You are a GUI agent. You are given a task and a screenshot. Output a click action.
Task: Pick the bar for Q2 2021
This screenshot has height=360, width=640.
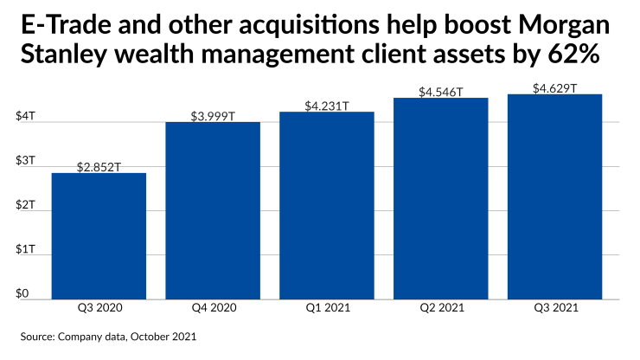(440, 198)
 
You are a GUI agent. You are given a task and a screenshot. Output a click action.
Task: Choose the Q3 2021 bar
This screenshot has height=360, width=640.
(554, 196)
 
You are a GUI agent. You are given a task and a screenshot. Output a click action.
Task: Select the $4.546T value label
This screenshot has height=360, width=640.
(440, 92)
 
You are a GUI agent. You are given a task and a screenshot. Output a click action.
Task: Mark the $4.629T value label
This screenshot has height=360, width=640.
(554, 88)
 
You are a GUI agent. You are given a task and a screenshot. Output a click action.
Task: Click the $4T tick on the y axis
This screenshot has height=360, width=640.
(26, 115)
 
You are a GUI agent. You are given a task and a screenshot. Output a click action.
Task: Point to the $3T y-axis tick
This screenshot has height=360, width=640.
(26, 160)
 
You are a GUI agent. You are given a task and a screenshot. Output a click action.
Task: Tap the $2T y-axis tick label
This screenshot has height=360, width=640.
(26, 205)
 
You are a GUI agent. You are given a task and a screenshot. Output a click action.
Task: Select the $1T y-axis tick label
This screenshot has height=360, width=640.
(26, 249)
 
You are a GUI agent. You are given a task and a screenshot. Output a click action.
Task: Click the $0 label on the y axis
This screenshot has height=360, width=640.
(23, 294)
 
